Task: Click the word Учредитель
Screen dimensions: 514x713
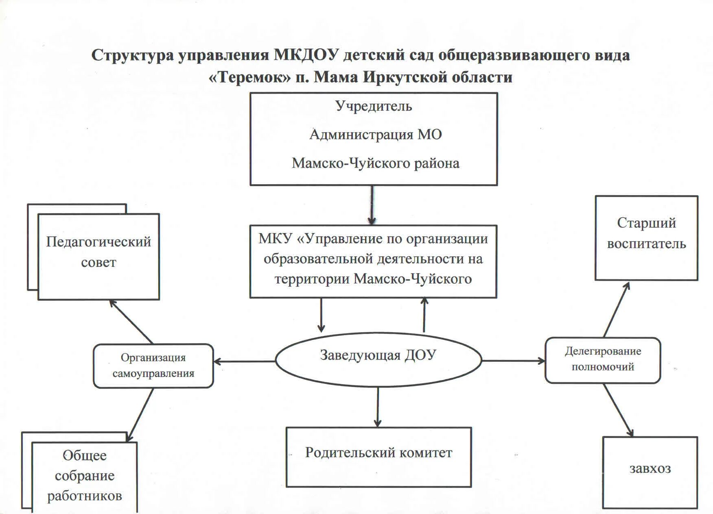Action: coord(374,106)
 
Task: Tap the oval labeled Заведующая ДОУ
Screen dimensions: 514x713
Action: coord(378,359)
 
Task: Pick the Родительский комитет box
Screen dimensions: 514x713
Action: coord(378,457)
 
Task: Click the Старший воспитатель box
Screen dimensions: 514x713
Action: coord(646,238)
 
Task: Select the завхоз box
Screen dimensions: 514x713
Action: coord(650,472)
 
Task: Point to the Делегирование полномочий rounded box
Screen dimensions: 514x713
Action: coord(603,360)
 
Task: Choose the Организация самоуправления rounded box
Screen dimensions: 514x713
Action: coord(153,366)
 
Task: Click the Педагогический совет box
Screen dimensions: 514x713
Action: coord(98,257)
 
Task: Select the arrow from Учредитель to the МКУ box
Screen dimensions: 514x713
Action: coord(372,205)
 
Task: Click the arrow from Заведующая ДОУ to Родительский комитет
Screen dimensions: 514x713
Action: coord(378,407)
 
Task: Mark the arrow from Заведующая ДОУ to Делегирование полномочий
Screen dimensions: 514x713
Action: coord(513,361)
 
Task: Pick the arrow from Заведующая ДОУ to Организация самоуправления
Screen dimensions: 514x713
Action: coord(244,361)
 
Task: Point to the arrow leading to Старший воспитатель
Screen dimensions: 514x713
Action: coord(617,309)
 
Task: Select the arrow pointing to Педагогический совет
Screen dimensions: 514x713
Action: coord(131,321)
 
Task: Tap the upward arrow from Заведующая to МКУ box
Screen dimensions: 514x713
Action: coord(424,315)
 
